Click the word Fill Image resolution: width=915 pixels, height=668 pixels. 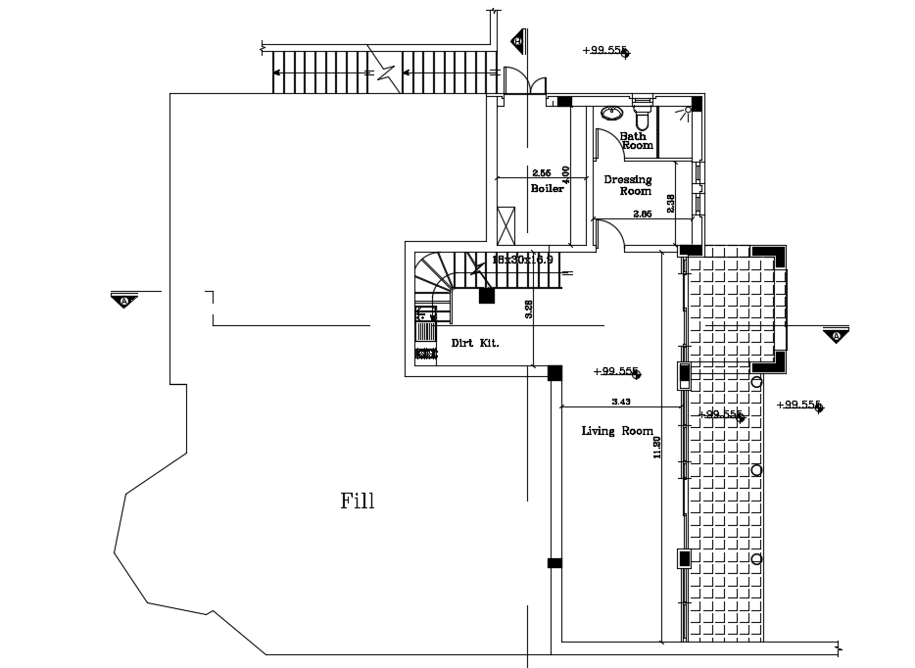pyautogui.click(x=358, y=501)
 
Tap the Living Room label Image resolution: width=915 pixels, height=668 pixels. pyautogui.click(x=617, y=431)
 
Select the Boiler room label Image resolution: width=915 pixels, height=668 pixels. pyautogui.click(x=548, y=188)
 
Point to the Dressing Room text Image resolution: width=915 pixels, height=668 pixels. pyautogui.click(x=628, y=185)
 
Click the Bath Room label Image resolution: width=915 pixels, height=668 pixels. pyautogui.click(x=636, y=140)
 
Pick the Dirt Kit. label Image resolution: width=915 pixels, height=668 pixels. pyautogui.click(x=475, y=343)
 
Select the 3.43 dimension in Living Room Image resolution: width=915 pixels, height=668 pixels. pyautogui.click(x=620, y=402)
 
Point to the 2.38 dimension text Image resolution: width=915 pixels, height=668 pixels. pyautogui.click(x=670, y=203)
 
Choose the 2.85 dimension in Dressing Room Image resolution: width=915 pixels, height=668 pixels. pyautogui.click(x=642, y=214)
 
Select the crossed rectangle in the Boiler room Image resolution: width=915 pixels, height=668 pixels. pyautogui.click(x=506, y=226)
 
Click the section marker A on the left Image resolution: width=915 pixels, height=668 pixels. pyautogui.click(x=124, y=301)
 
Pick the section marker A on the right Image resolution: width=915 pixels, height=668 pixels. pyautogui.click(x=836, y=336)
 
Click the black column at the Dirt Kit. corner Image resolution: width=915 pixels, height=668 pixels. pyautogui.click(x=554, y=372)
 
